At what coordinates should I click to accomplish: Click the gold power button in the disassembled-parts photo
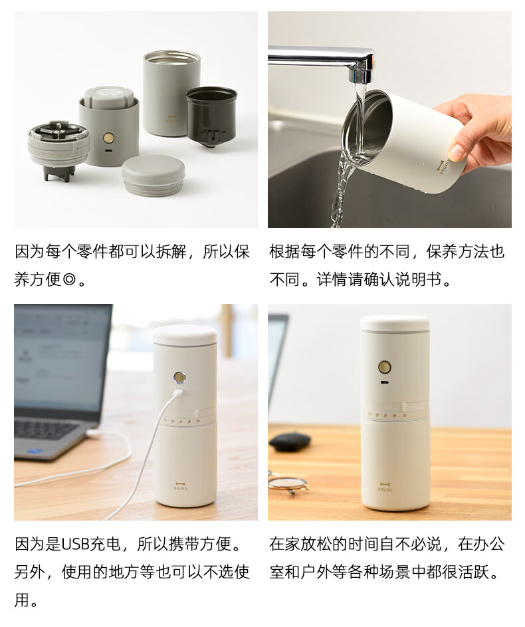(108, 138)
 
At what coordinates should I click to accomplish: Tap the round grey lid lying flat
(154, 175)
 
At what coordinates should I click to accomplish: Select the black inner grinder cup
(211, 116)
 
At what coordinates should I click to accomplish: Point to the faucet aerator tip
(361, 74)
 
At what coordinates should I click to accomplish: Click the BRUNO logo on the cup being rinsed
(443, 167)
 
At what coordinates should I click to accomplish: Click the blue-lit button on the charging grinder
(179, 377)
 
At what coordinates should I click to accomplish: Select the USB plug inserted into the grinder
(177, 394)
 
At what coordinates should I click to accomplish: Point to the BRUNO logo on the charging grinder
(181, 486)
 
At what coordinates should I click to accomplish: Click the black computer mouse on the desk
(290, 441)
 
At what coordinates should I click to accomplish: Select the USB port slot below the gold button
(384, 383)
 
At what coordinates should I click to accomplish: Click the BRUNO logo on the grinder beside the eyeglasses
(385, 487)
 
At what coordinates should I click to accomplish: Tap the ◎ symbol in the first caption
(69, 279)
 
